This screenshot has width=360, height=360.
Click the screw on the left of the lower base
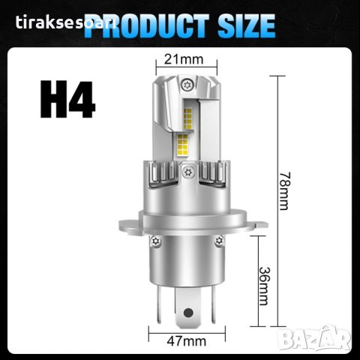tap(157, 242)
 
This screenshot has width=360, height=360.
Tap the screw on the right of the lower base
tap(218, 241)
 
